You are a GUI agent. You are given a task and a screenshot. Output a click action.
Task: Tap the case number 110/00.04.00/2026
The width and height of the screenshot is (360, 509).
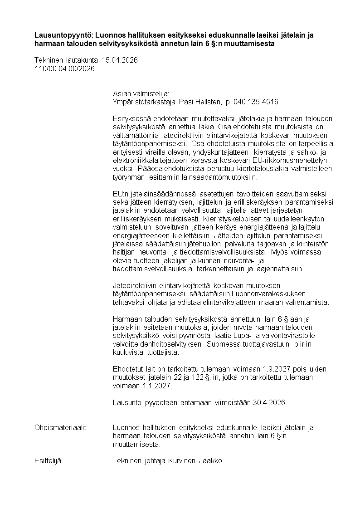coord(65,69)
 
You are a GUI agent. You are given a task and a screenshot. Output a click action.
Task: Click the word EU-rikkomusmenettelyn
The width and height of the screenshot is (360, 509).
coord(282,160)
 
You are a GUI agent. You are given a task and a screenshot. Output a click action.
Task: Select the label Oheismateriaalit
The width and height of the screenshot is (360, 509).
coord(61,428)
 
